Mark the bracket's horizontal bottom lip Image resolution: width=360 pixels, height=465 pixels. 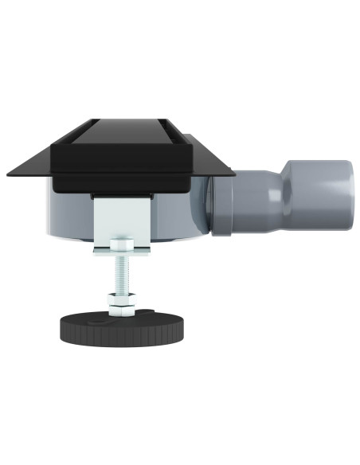pyautogui.click(x=119, y=252)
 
